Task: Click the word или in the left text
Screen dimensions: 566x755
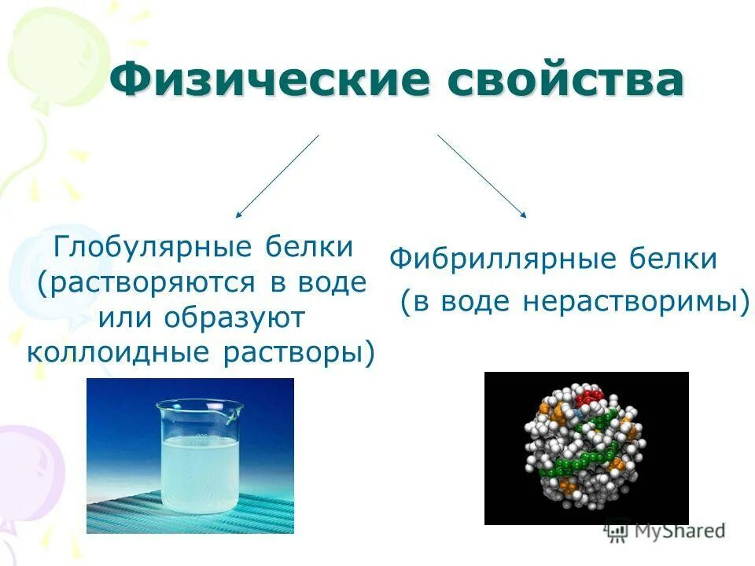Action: click(x=126, y=318)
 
